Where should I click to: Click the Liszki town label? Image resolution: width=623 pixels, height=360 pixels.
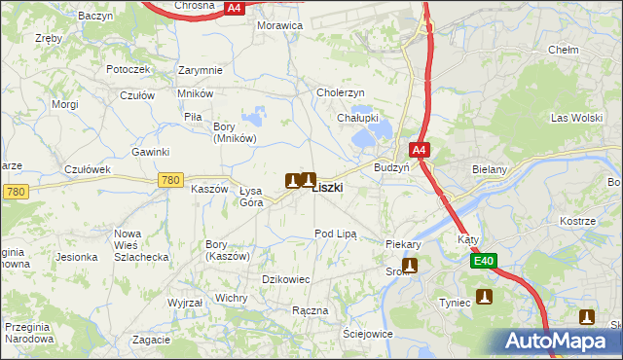pos(327,188)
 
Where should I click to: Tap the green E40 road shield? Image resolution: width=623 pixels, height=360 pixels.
pos(485,261)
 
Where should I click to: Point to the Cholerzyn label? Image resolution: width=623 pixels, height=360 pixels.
pos(340,92)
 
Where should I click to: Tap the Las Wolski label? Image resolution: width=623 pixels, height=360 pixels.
pos(571,119)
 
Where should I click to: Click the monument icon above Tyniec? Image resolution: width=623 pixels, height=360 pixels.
pos(484,297)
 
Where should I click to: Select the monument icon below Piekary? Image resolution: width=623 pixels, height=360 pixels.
pos(410,265)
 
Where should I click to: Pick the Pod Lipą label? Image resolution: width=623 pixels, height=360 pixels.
pos(336,234)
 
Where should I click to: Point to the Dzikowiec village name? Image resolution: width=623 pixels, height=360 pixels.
pos(286,279)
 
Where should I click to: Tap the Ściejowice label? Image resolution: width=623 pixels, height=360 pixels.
pos(367,334)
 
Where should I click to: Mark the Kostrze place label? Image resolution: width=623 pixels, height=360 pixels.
pos(577,222)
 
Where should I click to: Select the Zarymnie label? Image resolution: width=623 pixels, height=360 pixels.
pos(201,70)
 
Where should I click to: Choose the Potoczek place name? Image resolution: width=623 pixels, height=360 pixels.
pos(128,69)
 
